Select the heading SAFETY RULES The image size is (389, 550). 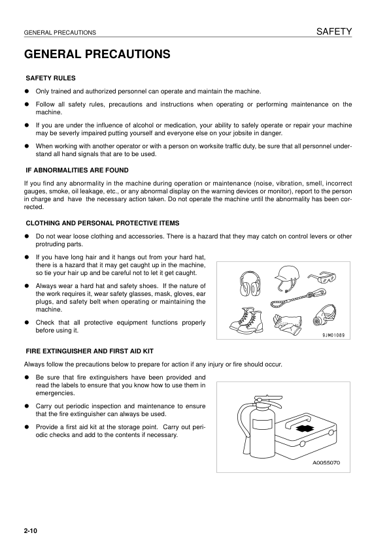click(50, 78)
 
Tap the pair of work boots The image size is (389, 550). click(247, 317)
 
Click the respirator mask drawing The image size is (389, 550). click(325, 315)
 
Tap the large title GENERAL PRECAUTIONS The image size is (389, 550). click(97, 54)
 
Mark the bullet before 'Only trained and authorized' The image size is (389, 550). click(27, 91)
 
